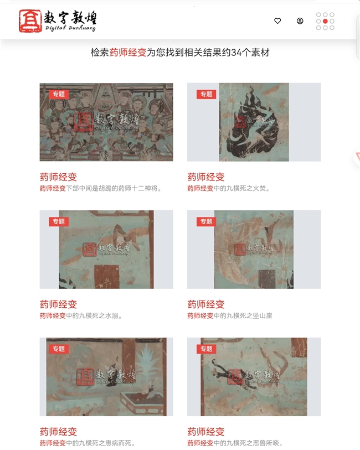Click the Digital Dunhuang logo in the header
58,21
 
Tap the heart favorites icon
277,21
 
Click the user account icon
300,21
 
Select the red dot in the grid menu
325,21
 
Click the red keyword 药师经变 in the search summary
128,53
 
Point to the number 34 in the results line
236,53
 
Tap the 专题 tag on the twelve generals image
59,94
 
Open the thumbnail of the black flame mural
254,122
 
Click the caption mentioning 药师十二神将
100,188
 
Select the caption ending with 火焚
229,188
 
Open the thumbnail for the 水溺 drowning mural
106,250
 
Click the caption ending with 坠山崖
230,315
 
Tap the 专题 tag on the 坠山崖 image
206,221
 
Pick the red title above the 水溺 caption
58,304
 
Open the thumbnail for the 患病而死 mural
106,377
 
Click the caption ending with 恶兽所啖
235,443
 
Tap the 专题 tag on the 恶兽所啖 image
206,349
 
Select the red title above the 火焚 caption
206,177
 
